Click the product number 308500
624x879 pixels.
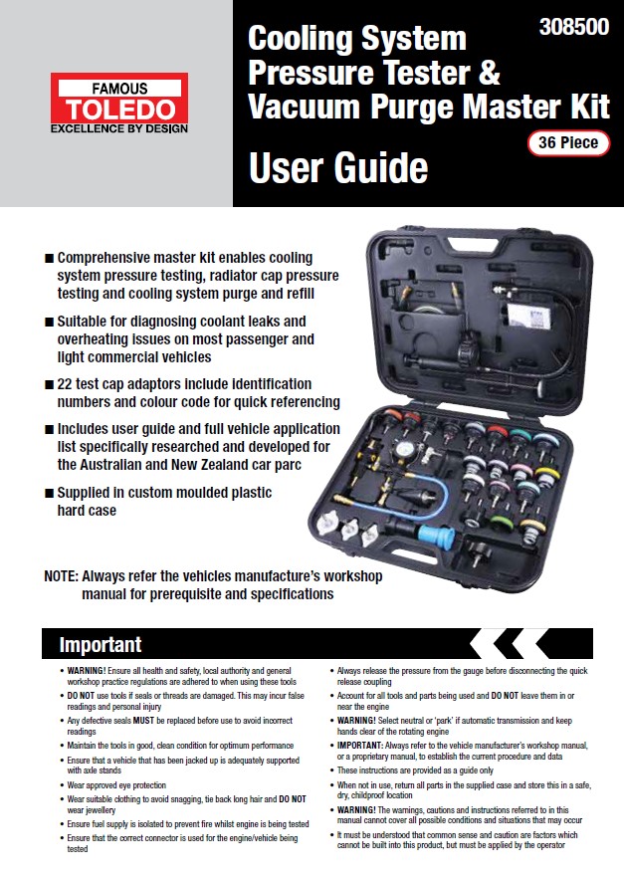[573, 28]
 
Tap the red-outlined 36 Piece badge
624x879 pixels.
[568, 142]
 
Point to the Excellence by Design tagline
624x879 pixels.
[119, 128]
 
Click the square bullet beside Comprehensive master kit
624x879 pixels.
[49, 256]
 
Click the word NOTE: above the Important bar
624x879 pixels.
[62, 575]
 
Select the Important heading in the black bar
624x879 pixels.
[100, 644]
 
